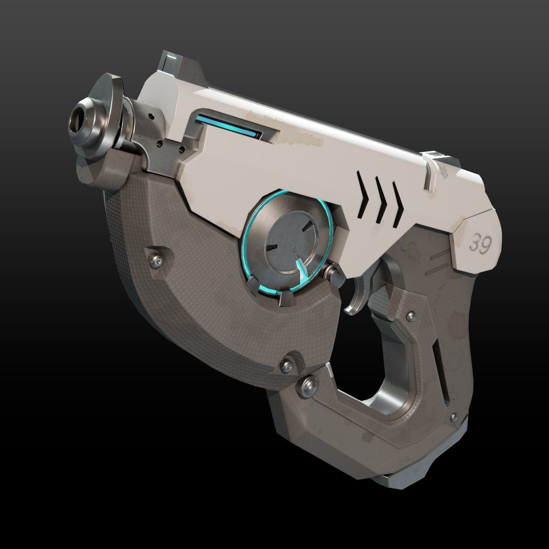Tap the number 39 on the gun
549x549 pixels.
[x=480, y=245]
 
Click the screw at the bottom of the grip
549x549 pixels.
[x=453, y=416]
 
